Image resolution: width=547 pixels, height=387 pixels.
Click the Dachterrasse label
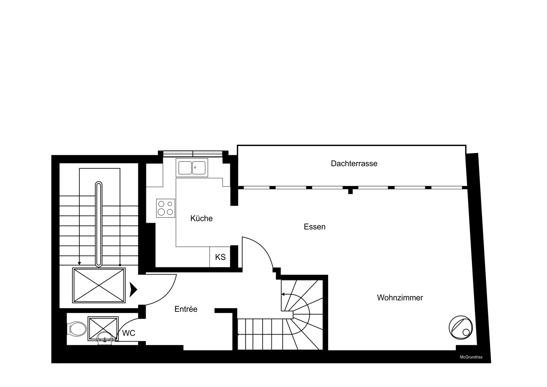(x=354, y=164)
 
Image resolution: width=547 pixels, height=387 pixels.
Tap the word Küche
(x=201, y=218)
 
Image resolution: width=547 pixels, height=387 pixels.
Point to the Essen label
(x=315, y=227)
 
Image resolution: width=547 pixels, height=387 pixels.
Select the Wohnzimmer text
(x=400, y=298)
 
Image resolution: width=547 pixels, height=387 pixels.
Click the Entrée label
(x=186, y=309)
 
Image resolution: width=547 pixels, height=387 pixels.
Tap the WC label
(x=129, y=333)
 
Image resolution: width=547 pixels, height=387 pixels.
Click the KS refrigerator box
(x=220, y=257)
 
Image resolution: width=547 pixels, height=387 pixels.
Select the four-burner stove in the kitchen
(x=165, y=208)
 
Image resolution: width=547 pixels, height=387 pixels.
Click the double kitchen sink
(x=192, y=168)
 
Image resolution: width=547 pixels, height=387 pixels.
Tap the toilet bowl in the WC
(x=77, y=329)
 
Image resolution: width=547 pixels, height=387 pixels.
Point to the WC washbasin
(x=105, y=338)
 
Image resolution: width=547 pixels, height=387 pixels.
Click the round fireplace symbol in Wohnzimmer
(x=461, y=327)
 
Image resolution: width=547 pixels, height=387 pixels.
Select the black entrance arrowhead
(x=133, y=290)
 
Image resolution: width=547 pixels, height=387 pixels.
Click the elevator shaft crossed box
(x=99, y=285)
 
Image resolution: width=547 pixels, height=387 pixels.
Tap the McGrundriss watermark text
(x=471, y=357)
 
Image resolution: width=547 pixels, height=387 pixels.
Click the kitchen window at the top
(x=193, y=154)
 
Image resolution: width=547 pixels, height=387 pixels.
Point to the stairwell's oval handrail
(x=99, y=224)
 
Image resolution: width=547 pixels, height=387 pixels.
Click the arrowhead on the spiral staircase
(x=283, y=294)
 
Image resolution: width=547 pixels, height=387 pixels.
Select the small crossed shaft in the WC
(x=103, y=328)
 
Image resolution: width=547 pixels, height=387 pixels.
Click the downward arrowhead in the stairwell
(x=79, y=263)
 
